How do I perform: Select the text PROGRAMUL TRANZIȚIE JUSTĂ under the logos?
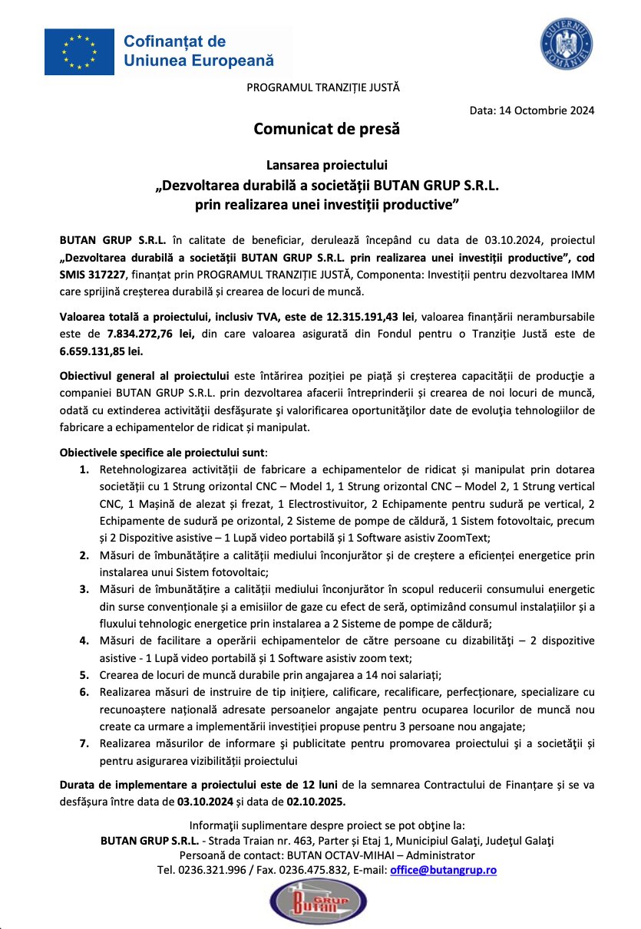[x=323, y=87]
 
